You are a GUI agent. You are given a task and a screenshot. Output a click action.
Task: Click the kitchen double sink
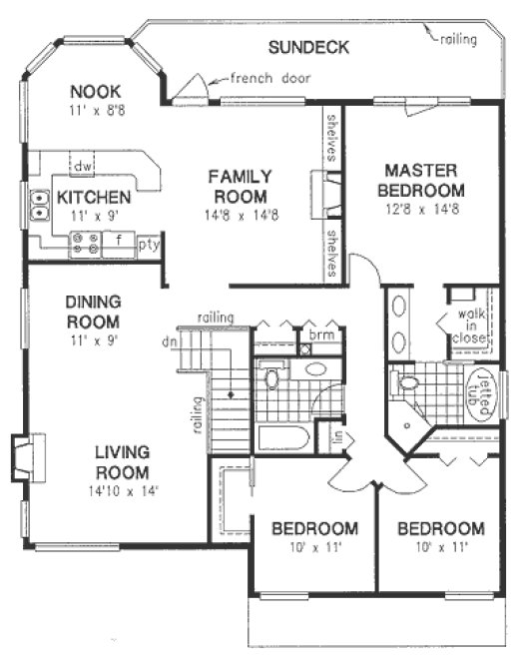(x=40, y=205)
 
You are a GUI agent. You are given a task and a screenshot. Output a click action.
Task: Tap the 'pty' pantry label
(x=149, y=243)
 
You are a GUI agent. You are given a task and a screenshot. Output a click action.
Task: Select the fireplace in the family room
(x=326, y=190)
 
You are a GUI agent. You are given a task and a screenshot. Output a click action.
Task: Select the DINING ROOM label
(x=92, y=312)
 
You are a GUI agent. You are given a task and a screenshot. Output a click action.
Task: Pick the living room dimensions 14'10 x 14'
(x=122, y=491)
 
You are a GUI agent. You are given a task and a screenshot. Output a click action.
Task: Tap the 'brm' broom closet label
(x=319, y=335)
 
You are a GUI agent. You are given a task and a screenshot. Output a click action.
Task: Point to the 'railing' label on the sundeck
(x=457, y=39)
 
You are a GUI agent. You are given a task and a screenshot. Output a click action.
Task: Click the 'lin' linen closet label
(x=336, y=436)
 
